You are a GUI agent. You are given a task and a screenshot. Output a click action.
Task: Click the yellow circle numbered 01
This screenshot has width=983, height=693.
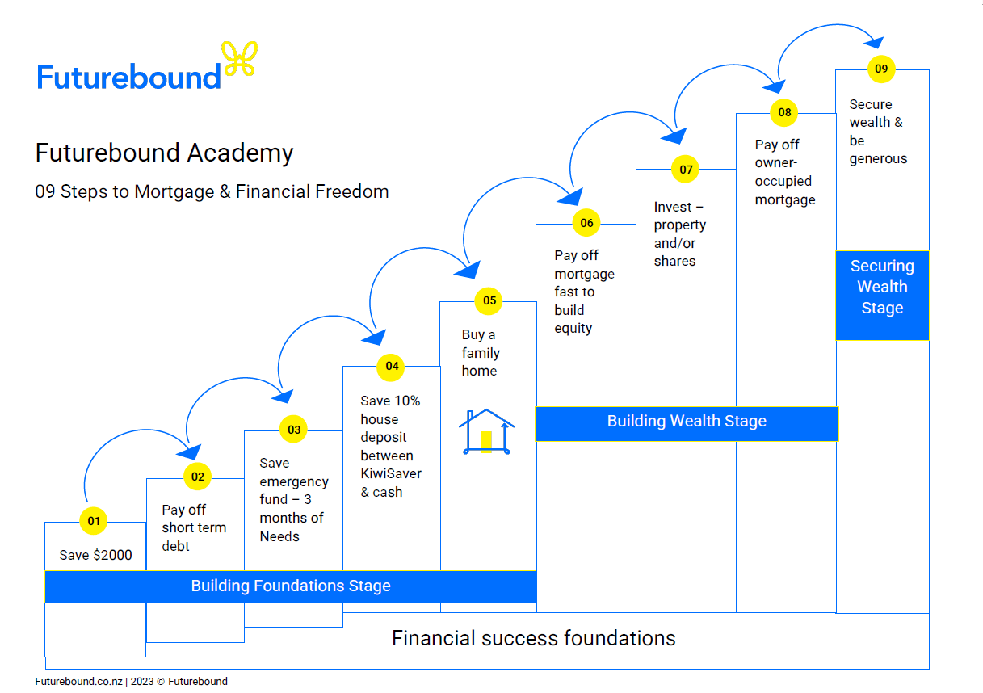[x=94, y=521]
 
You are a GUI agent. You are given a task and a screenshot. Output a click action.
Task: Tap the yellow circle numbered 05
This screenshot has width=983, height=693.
[x=489, y=301]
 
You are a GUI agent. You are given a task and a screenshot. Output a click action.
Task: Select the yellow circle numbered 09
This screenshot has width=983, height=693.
[x=881, y=69]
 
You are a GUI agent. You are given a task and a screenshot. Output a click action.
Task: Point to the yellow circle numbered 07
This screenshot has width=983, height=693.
[x=686, y=170]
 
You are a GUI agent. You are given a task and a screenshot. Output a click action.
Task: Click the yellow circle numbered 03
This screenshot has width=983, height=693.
[x=293, y=430]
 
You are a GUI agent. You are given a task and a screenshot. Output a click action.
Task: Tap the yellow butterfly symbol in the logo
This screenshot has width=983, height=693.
[x=241, y=58]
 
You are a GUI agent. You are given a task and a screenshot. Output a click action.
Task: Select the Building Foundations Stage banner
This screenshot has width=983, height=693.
[x=290, y=586]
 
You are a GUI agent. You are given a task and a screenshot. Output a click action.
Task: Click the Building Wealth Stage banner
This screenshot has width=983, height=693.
[x=687, y=422]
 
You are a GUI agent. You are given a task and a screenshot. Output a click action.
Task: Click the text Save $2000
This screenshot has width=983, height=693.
[x=95, y=556]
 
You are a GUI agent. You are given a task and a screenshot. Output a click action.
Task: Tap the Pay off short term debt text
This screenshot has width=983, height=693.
[x=194, y=528]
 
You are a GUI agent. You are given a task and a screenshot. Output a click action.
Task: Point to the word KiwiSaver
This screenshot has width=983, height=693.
[x=391, y=473]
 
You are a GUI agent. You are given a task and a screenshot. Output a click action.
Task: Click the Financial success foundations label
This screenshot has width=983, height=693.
[x=533, y=639]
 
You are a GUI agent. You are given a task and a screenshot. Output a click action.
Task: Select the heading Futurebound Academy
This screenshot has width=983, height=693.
[x=164, y=153]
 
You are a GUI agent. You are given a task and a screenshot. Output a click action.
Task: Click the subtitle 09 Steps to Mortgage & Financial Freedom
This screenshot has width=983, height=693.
[x=212, y=192]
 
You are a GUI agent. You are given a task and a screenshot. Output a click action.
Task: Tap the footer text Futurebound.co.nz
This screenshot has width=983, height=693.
[x=78, y=682]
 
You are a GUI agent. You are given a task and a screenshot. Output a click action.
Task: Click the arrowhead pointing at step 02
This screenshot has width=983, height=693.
[x=191, y=451]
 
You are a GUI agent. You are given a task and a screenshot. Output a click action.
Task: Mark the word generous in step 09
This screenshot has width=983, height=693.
[x=878, y=159]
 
